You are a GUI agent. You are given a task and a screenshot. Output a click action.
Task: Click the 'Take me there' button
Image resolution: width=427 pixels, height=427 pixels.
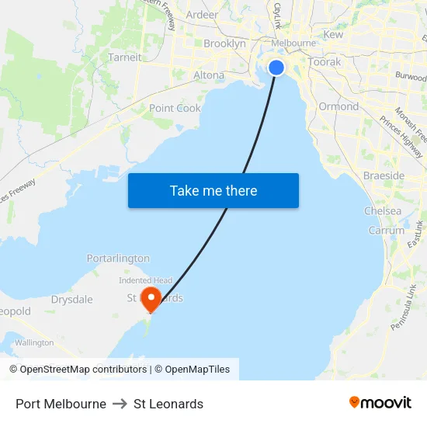coord(213,191)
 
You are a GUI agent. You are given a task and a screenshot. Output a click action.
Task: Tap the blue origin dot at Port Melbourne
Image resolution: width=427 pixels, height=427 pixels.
coord(276,68)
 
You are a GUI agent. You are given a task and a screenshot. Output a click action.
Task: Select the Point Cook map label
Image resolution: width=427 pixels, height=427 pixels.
coord(175,109)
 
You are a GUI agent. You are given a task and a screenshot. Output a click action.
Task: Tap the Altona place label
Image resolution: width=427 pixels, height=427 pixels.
coord(208,75)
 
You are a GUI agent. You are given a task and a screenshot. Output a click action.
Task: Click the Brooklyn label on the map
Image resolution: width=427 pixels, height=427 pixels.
coord(224,44)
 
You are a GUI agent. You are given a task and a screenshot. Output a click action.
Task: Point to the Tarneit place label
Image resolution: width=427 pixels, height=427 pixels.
coord(125,57)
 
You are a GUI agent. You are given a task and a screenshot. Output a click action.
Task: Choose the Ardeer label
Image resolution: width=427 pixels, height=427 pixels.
coord(202,15)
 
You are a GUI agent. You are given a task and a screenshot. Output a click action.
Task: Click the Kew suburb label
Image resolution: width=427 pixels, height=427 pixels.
coord(333,35)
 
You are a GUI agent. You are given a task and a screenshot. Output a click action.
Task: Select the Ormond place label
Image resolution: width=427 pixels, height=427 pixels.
coord(338,106)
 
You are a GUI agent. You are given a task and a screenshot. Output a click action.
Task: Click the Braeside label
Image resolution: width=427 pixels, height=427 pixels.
coord(384,176)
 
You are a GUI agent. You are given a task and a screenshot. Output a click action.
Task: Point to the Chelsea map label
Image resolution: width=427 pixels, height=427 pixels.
coord(383,211)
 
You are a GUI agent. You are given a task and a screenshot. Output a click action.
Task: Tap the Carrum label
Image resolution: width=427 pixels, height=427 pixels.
coord(387,231)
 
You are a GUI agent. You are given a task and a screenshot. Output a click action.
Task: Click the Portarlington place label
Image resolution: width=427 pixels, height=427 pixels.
coord(118,259)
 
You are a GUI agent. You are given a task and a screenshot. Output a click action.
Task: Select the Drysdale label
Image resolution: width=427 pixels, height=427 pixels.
coord(71,300)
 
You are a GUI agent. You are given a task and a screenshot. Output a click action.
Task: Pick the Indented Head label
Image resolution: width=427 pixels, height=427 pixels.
coord(146,280)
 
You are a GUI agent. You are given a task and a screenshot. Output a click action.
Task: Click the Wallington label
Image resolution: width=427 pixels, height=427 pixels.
coord(34,342)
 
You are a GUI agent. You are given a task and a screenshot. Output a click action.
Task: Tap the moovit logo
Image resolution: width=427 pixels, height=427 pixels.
coord(380,403)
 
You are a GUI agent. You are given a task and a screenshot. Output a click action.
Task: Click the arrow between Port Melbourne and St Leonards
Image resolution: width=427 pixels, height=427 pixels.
coord(120,404)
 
